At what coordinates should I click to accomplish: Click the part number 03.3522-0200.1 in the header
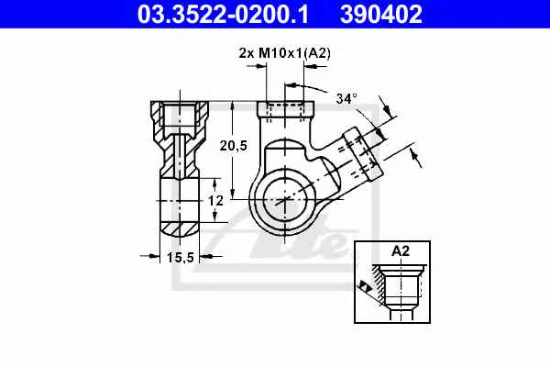pos(223,14)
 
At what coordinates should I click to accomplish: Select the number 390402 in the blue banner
pos(381,14)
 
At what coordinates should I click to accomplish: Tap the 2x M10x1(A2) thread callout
pos(284,53)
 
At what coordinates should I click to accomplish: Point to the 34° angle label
pos(346,99)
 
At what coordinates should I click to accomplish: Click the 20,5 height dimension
pos(234,145)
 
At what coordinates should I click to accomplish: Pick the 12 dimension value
pos(215,201)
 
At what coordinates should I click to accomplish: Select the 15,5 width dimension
pos(181,258)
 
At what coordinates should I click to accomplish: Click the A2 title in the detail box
pos(401,251)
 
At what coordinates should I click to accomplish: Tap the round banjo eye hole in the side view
pos(285,199)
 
